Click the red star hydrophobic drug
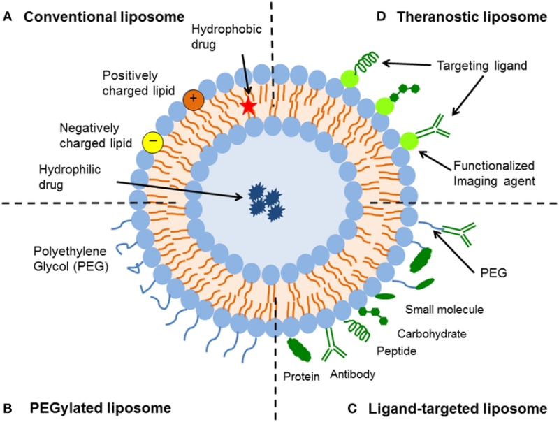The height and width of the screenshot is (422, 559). (x=247, y=106)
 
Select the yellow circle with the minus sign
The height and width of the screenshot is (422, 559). (x=152, y=143)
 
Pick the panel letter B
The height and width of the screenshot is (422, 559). (x=8, y=407)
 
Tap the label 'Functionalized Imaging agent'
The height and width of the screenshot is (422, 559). (x=494, y=173)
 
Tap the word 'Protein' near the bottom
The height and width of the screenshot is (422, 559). (x=303, y=377)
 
